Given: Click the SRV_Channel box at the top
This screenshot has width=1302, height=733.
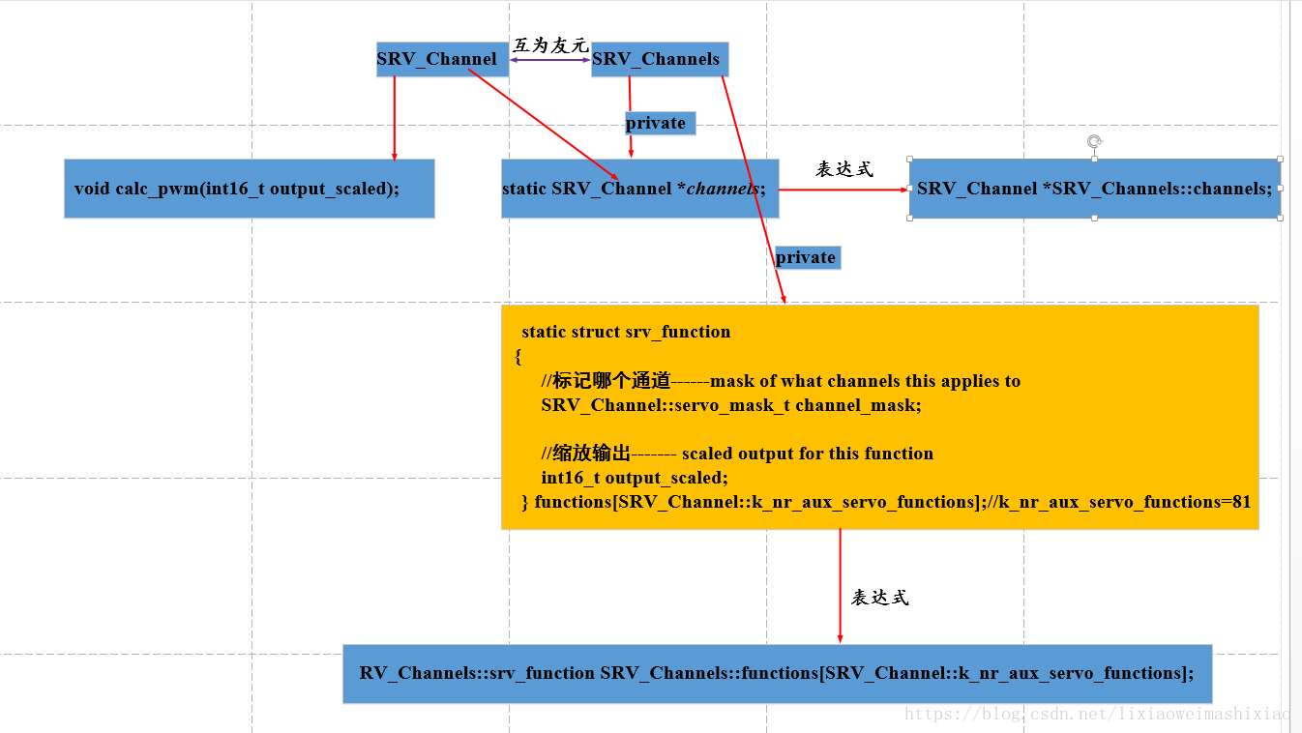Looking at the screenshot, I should tap(437, 59).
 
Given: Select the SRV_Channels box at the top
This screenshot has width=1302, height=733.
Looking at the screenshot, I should tap(658, 59).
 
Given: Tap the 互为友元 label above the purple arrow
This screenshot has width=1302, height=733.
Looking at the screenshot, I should tap(550, 44).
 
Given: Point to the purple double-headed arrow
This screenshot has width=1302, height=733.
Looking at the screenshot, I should tap(550, 60).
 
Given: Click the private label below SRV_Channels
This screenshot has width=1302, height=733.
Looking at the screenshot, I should tap(657, 123).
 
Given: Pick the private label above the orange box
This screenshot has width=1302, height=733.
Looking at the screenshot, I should tap(807, 257).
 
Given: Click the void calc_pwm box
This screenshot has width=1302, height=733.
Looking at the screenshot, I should tap(249, 189).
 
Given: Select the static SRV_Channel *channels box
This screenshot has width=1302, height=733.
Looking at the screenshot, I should tap(639, 189).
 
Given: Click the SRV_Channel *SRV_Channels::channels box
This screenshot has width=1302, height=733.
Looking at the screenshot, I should tap(1094, 189).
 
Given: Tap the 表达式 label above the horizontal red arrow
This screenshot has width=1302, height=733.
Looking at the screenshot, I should tap(844, 169).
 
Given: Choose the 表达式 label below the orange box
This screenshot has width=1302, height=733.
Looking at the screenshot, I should tap(880, 598).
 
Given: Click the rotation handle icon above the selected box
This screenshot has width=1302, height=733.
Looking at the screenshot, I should tap(1094, 142).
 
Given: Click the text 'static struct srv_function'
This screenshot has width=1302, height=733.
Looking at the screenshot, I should tap(626, 332).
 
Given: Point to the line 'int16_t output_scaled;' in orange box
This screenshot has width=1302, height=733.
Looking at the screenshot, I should tap(635, 478).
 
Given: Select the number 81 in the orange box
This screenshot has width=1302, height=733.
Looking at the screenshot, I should tap(1242, 502).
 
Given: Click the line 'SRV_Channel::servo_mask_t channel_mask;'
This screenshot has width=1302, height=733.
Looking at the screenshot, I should tap(731, 405).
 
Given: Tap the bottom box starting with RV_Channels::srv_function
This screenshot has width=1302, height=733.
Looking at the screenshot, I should tap(777, 673).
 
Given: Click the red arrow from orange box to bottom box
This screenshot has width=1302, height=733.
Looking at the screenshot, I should tap(840, 585).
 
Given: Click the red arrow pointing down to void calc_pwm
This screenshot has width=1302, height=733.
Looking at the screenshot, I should tap(395, 118).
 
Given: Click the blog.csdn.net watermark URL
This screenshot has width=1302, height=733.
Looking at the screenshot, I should tap(1098, 715).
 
